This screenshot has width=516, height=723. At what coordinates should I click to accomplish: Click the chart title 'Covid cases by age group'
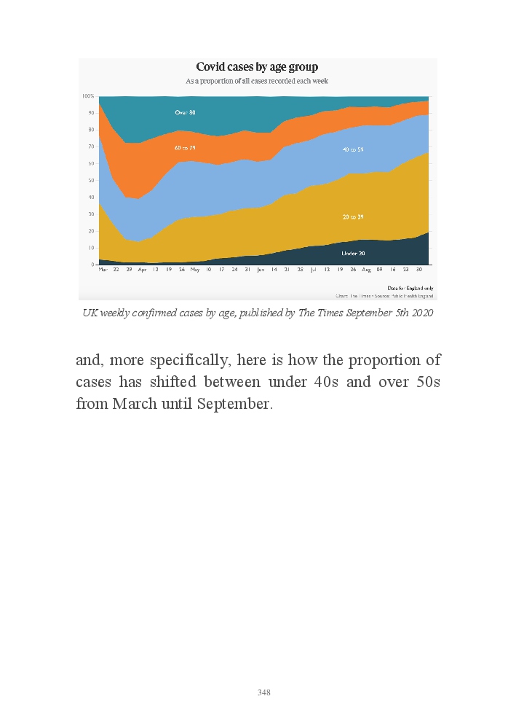point(257,68)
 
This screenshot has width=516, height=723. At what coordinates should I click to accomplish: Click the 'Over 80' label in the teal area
point(185,112)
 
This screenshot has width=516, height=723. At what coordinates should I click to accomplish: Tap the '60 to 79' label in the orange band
point(185,148)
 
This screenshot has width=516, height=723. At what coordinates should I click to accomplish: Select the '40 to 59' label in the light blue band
point(353,149)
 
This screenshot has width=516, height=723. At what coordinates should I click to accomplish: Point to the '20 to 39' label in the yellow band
point(353,217)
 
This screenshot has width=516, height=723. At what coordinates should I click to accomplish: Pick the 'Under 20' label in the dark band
point(353,253)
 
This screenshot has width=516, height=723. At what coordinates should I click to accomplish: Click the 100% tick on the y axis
point(88,96)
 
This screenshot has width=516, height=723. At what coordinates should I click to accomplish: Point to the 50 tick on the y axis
point(91,180)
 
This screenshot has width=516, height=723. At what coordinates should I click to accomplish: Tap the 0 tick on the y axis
point(92,265)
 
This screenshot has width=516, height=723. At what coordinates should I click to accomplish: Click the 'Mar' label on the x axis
point(103,270)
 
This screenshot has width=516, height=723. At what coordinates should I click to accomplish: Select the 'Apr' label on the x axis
point(142,270)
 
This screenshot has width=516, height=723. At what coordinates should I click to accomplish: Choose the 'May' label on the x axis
point(194,270)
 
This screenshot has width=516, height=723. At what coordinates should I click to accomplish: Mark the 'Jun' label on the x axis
point(261,270)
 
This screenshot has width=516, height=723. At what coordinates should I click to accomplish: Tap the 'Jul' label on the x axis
point(312,270)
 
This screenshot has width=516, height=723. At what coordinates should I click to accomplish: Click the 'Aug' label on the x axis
point(366,270)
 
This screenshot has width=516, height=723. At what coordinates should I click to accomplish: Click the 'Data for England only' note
point(415,288)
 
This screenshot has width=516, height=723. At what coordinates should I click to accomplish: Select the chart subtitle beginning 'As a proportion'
point(257,81)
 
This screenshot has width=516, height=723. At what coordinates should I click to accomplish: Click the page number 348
point(264,692)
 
